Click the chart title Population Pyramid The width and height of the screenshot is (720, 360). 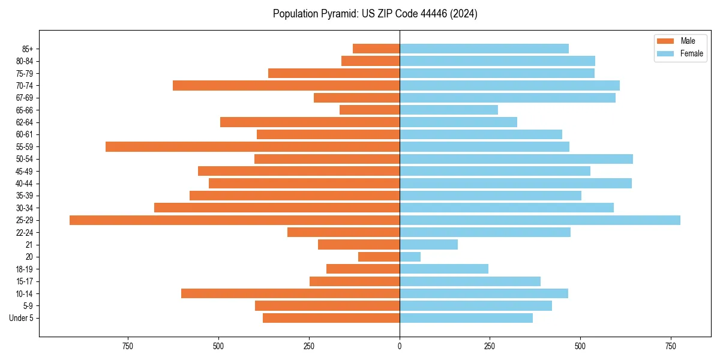(375, 14)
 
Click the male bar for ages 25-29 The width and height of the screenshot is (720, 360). (235, 220)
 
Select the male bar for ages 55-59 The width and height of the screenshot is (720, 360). (253, 146)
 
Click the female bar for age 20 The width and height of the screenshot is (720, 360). (410, 257)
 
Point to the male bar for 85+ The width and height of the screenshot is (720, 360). (376, 49)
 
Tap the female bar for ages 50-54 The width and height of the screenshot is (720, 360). (516, 159)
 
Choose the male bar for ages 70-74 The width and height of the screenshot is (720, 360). (286, 85)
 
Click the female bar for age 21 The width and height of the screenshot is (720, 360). (428, 244)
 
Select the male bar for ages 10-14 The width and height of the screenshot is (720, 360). (290, 293)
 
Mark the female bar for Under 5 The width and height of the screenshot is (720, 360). (466, 318)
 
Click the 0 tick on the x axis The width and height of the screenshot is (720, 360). (400, 346)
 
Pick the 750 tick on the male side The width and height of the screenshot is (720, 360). (128, 346)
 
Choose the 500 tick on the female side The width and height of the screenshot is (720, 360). (580, 346)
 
